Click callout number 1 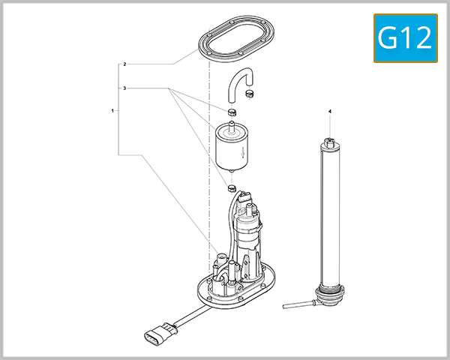pos(112,110)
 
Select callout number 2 pos(124,64)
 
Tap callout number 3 pos(124,88)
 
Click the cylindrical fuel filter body pos(232,148)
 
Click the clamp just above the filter pos(232,112)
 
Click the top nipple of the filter pos(232,124)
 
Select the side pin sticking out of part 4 pos(295,304)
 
